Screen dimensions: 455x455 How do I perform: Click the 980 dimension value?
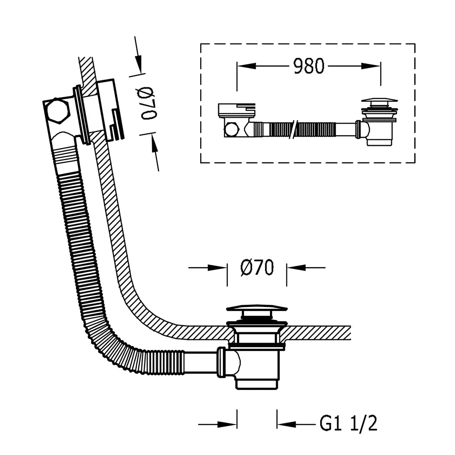(308, 66)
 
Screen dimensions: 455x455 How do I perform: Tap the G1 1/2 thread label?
(348, 424)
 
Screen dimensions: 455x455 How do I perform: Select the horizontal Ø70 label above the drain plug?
(257, 267)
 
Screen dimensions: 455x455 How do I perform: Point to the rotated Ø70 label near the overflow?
(149, 103)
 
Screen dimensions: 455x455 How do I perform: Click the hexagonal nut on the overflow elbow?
(58, 111)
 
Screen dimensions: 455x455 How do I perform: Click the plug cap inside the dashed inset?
(380, 103)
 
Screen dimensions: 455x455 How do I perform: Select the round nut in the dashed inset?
(231, 130)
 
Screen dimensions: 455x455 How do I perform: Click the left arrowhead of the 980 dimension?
(246, 66)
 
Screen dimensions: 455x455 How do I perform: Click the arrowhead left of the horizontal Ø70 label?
(218, 267)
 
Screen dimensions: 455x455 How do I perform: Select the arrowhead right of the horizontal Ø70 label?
(296, 267)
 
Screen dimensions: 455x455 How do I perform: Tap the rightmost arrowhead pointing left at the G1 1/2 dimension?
(286, 425)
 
